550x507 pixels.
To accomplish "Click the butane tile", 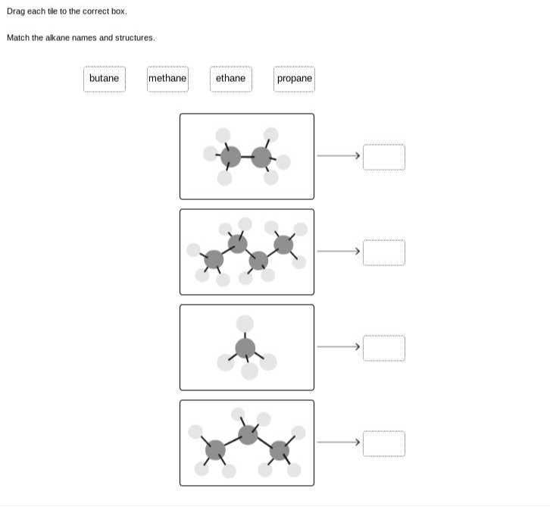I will [x=104, y=79].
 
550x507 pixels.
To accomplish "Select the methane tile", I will [x=167, y=79].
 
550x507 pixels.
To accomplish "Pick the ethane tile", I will [x=230, y=79].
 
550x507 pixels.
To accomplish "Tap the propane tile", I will [x=294, y=79].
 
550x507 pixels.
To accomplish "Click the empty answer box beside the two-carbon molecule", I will [x=383, y=157].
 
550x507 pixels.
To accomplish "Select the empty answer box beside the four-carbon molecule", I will [x=383, y=252].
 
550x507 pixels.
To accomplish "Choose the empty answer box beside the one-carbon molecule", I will [x=383, y=348].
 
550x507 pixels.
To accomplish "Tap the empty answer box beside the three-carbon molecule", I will [x=383, y=443].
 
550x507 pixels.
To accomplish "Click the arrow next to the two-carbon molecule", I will [x=338, y=156].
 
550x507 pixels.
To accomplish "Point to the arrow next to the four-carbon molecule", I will [x=338, y=252].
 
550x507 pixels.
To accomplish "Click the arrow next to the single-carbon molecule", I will [x=338, y=347].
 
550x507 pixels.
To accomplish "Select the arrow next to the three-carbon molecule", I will [x=338, y=443].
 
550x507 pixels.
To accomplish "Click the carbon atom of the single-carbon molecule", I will [x=245, y=348].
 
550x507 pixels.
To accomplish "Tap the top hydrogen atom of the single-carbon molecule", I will [x=245, y=324].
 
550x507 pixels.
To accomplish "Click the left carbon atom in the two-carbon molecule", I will [x=230, y=157].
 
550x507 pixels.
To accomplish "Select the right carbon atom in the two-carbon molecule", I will [x=261, y=157].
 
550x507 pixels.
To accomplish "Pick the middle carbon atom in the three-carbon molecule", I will [x=248, y=434].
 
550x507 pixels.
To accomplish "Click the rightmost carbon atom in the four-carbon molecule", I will [x=283, y=244].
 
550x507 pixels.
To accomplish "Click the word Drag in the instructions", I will [x=16, y=11].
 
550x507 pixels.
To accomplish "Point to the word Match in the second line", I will [x=18, y=38].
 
